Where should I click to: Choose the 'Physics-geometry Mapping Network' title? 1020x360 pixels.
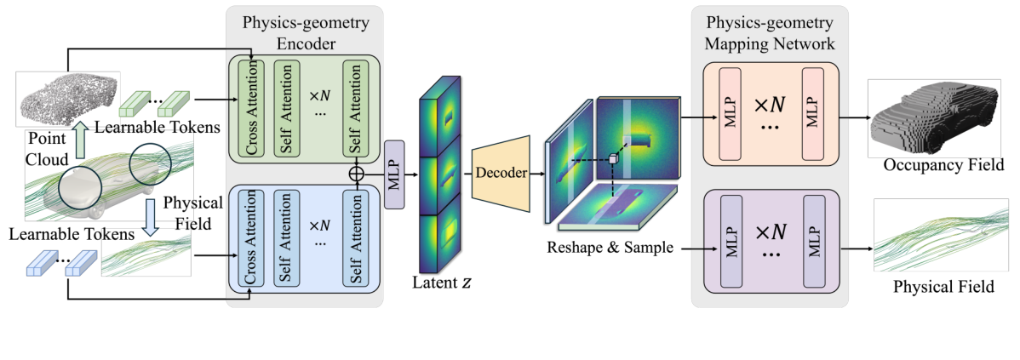point(769,31)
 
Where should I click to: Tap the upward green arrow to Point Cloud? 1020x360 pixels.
point(79,139)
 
